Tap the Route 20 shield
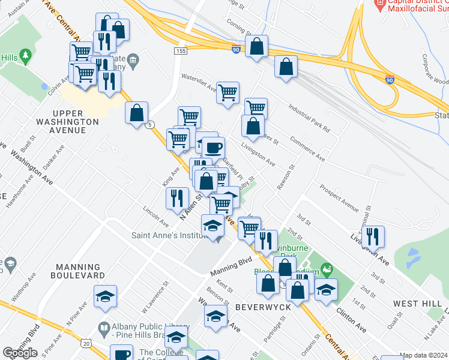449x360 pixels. pos(86,344)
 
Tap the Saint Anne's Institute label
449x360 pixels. pos(169,235)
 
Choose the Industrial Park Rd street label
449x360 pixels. pos(309,117)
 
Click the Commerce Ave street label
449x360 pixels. pos(307,151)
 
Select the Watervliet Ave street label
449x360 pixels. pos(199,82)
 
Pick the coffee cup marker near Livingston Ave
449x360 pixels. pos(212,148)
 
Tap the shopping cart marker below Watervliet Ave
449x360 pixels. pos(228,93)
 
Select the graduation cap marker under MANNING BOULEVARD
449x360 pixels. pos(105,296)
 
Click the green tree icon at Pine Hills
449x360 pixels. pos(25,57)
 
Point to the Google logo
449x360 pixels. pos(20,353)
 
